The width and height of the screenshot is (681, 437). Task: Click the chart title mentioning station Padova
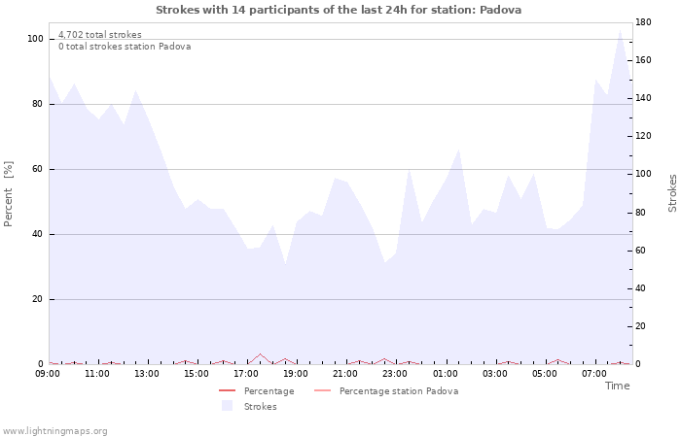coord(339,10)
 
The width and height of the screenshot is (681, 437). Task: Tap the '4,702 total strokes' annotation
coord(99,35)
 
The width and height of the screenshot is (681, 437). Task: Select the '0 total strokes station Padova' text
coord(125,47)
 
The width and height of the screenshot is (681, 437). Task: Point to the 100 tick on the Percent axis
coord(35,39)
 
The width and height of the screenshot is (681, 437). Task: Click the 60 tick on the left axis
coord(38,169)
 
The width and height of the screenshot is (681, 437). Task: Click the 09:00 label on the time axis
coord(48,373)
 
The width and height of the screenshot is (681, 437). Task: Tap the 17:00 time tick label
coord(246,373)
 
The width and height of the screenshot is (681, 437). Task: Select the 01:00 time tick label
coord(445,373)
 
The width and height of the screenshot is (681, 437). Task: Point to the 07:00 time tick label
coord(593,373)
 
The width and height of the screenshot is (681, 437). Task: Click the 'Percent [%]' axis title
coord(9,194)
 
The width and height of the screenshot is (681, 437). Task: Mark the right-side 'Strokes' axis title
coord(672,193)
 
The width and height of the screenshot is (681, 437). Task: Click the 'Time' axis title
coord(617,386)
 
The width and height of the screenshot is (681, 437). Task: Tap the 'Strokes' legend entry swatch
coord(227,406)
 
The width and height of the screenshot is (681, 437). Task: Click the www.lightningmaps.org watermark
coord(54,431)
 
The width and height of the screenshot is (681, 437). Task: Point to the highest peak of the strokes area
coord(620,30)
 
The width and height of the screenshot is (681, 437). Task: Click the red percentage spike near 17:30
coord(260,354)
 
